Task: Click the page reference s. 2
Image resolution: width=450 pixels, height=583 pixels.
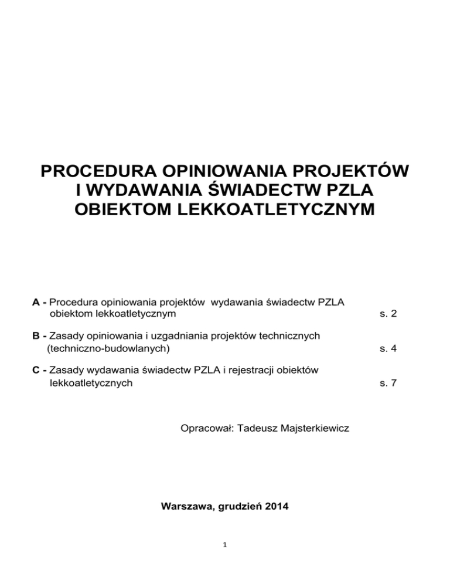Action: (388, 314)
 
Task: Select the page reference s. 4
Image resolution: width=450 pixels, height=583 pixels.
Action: (388, 348)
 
